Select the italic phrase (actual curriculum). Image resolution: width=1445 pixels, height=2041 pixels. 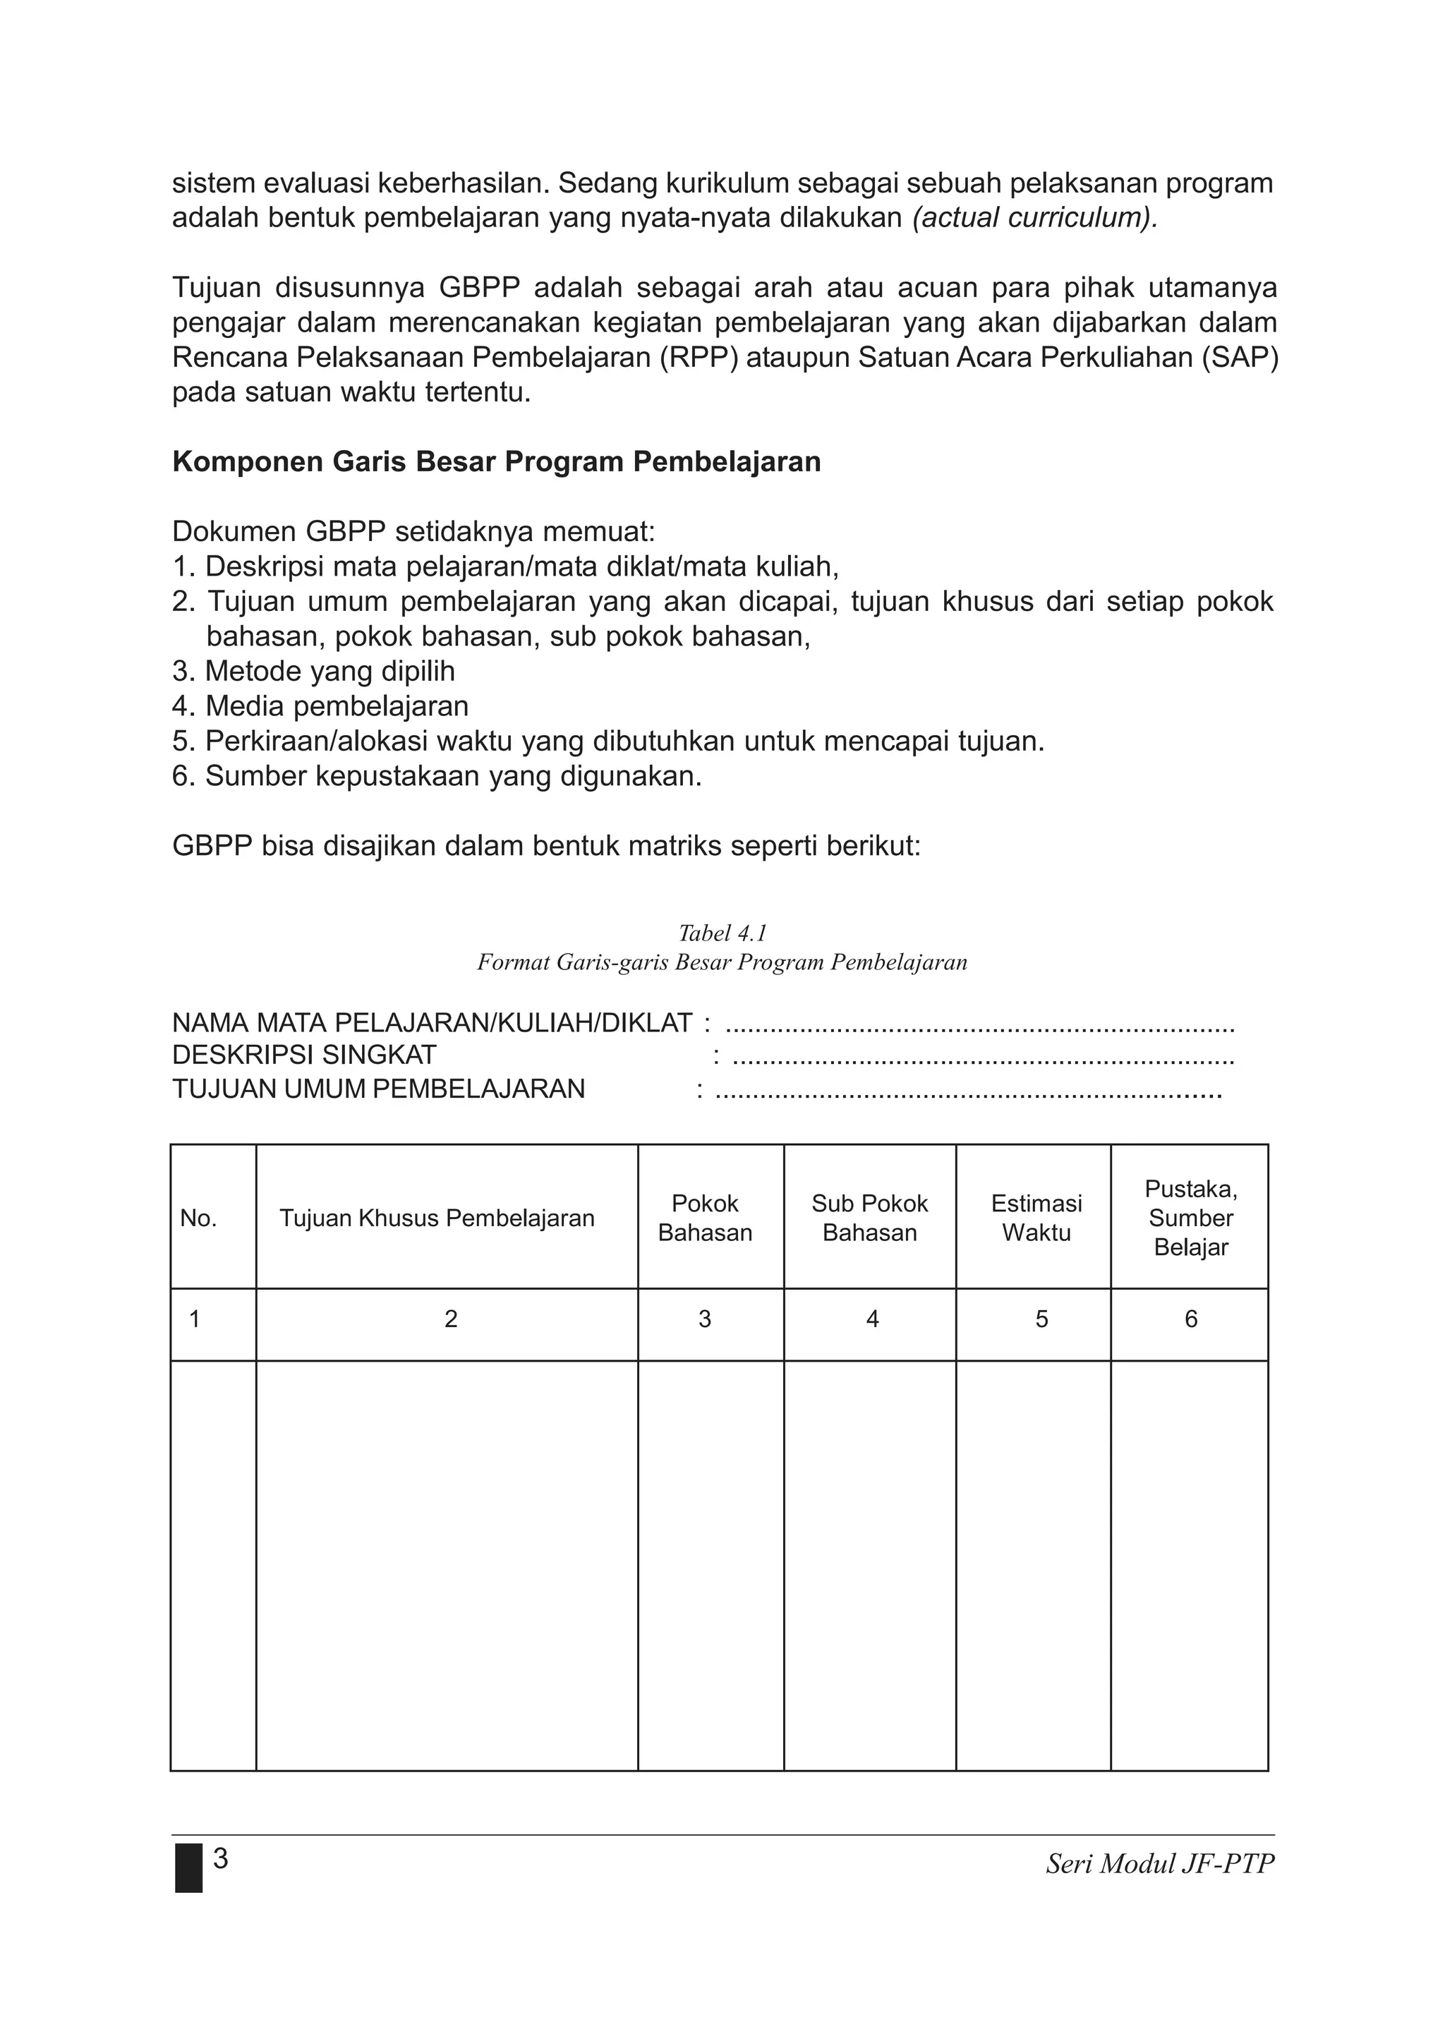(x=1036, y=218)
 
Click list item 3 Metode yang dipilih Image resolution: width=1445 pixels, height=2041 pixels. (x=313, y=671)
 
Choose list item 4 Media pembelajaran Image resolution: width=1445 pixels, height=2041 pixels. (x=320, y=705)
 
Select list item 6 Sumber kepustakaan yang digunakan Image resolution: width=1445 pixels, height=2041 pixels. (x=437, y=776)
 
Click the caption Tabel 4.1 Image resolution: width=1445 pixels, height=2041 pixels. (x=722, y=933)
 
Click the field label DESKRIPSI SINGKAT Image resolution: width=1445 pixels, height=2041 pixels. (x=304, y=1055)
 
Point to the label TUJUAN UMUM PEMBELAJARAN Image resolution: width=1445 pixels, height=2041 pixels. (x=378, y=1089)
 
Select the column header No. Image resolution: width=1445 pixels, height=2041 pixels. (x=198, y=1218)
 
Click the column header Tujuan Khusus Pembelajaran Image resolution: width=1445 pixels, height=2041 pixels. (x=437, y=1218)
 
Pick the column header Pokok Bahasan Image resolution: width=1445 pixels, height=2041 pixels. (x=705, y=1218)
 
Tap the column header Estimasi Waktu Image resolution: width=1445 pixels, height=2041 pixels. (x=1036, y=1218)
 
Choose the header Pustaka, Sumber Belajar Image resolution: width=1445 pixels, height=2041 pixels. (x=1190, y=1218)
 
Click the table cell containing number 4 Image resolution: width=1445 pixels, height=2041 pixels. (x=872, y=1319)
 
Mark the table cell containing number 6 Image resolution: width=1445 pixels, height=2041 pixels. (x=1190, y=1319)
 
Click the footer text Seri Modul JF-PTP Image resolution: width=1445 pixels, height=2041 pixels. (x=1159, y=1863)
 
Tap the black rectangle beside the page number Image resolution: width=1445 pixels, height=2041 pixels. (x=188, y=1867)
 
